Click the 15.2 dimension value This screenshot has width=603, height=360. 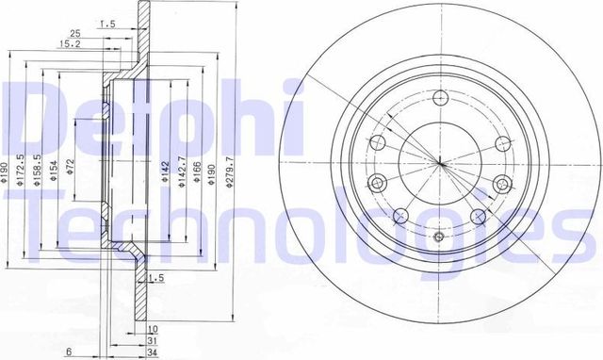[68, 43]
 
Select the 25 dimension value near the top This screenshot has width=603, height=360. [88, 34]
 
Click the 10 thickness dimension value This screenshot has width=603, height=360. [153, 329]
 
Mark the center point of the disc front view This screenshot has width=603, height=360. [439, 163]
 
